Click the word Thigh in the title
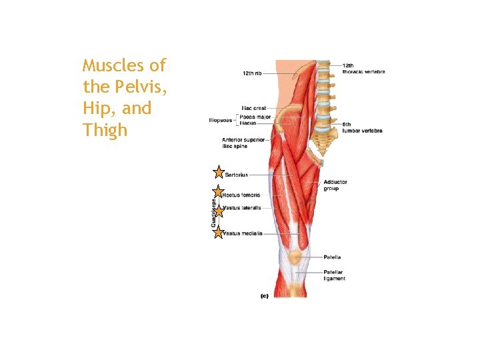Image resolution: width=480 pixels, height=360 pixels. coord(105,129)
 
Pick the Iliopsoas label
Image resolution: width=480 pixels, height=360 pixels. coord(221,121)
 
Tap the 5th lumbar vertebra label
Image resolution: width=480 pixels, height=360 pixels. coord(362,128)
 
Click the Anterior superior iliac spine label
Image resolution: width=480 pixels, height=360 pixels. coord(243,143)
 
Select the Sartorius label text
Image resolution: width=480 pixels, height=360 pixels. coord(237,175)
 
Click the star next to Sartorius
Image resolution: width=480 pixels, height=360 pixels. coord(218,173)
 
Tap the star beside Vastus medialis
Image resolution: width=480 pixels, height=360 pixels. coord(218,232)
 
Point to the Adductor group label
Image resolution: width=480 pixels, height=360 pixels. coord(335,185)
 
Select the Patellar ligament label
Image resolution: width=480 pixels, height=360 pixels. coord(334,275)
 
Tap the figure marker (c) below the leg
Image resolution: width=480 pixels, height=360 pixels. coord(264,296)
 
